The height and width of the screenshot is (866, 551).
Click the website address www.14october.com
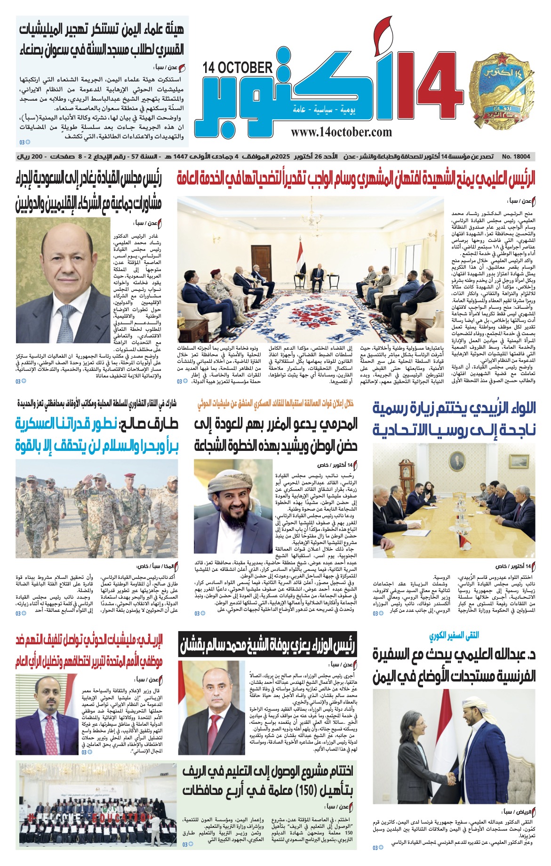pyautogui.click(x=341, y=132)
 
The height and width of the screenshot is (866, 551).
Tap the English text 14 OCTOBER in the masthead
pyautogui.click(x=238, y=68)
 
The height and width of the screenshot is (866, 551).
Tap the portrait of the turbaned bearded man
pyautogui.click(x=233, y=509)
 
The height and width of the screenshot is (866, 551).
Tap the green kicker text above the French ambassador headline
pyautogui.click(x=453, y=635)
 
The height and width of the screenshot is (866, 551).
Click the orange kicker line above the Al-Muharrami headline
pyautogui.click(x=275, y=403)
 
